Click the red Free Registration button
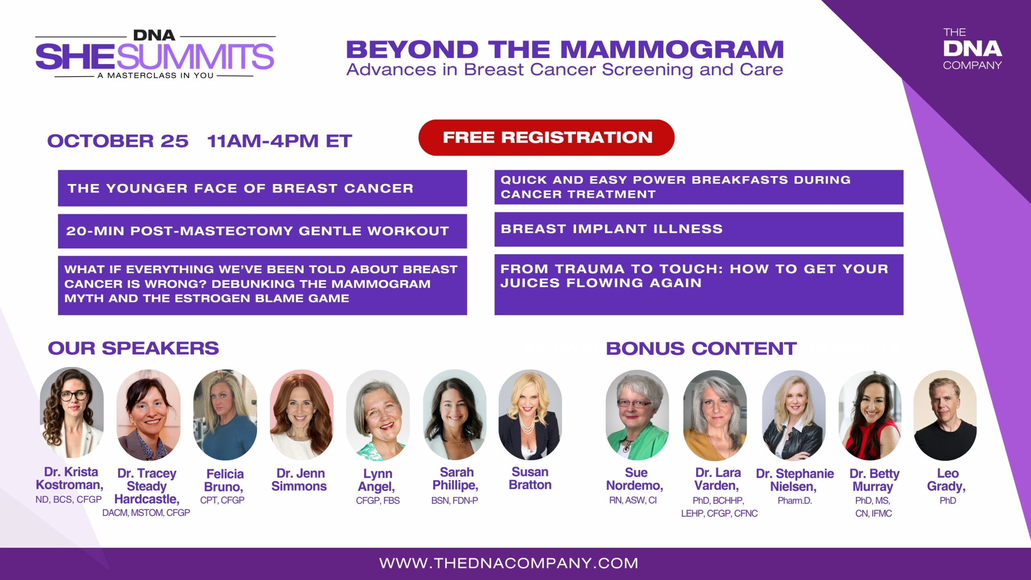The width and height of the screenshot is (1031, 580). click(x=546, y=137)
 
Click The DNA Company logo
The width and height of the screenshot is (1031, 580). click(x=972, y=49)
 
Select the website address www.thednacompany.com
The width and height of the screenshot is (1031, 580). click(x=509, y=563)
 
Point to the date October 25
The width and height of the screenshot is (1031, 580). click(x=118, y=141)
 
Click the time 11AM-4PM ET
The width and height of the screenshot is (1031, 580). click(x=279, y=141)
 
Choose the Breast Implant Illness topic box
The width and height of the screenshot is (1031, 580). click(x=699, y=229)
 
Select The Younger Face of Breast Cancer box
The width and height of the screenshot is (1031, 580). click(x=262, y=188)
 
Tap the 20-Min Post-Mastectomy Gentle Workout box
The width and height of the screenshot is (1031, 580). click(x=262, y=231)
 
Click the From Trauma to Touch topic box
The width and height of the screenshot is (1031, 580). click(x=699, y=284)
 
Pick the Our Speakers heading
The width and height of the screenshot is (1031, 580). click(x=133, y=348)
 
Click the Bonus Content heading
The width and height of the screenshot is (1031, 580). click(x=701, y=348)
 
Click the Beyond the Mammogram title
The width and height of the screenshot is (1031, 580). click(x=565, y=50)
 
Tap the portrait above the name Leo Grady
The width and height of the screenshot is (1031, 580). click(x=945, y=415)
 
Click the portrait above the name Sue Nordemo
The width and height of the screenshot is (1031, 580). click(x=637, y=415)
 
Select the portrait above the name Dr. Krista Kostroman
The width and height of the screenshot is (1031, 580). click(x=72, y=412)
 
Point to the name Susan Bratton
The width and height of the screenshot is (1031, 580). click(x=530, y=478)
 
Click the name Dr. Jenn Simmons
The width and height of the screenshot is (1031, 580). click(x=299, y=480)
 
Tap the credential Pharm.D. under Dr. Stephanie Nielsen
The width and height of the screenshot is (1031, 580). click(x=795, y=501)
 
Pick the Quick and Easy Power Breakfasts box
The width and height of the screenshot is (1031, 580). click(x=699, y=187)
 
